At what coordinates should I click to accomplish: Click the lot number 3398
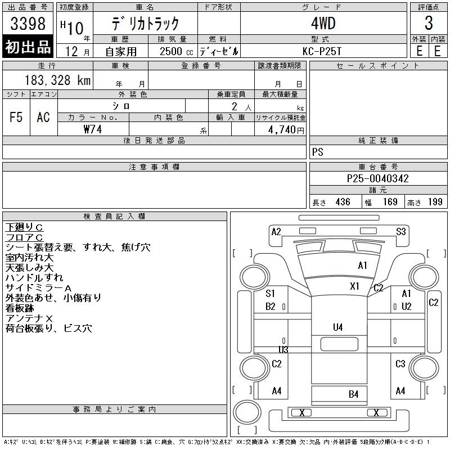tap(28, 24)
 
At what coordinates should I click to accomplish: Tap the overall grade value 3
tap(429, 23)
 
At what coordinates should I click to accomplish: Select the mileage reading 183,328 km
tap(57, 80)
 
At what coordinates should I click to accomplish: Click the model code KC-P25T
tap(322, 51)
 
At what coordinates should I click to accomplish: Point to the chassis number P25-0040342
tap(377, 178)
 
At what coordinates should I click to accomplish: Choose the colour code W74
tap(93, 129)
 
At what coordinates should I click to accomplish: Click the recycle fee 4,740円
tap(286, 130)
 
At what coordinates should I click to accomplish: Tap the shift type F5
tap(16, 117)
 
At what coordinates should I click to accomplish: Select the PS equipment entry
tap(318, 152)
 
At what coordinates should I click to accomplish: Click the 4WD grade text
tap(323, 23)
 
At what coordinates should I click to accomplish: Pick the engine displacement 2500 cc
tap(176, 52)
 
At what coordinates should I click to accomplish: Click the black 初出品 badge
tap(28, 46)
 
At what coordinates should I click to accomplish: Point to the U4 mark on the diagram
tap(338, 327)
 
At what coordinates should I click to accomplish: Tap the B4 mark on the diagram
tap(354, 394)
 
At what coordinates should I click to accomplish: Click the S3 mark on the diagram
tap(401, 231)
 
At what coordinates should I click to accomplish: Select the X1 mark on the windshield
tap(355, 286)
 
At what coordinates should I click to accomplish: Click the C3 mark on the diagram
tap(400, 363)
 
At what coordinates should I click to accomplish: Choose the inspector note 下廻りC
tap(24, 227)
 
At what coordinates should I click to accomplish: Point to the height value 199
tap(435, 202)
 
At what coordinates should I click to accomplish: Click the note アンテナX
tap(29, 318)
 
